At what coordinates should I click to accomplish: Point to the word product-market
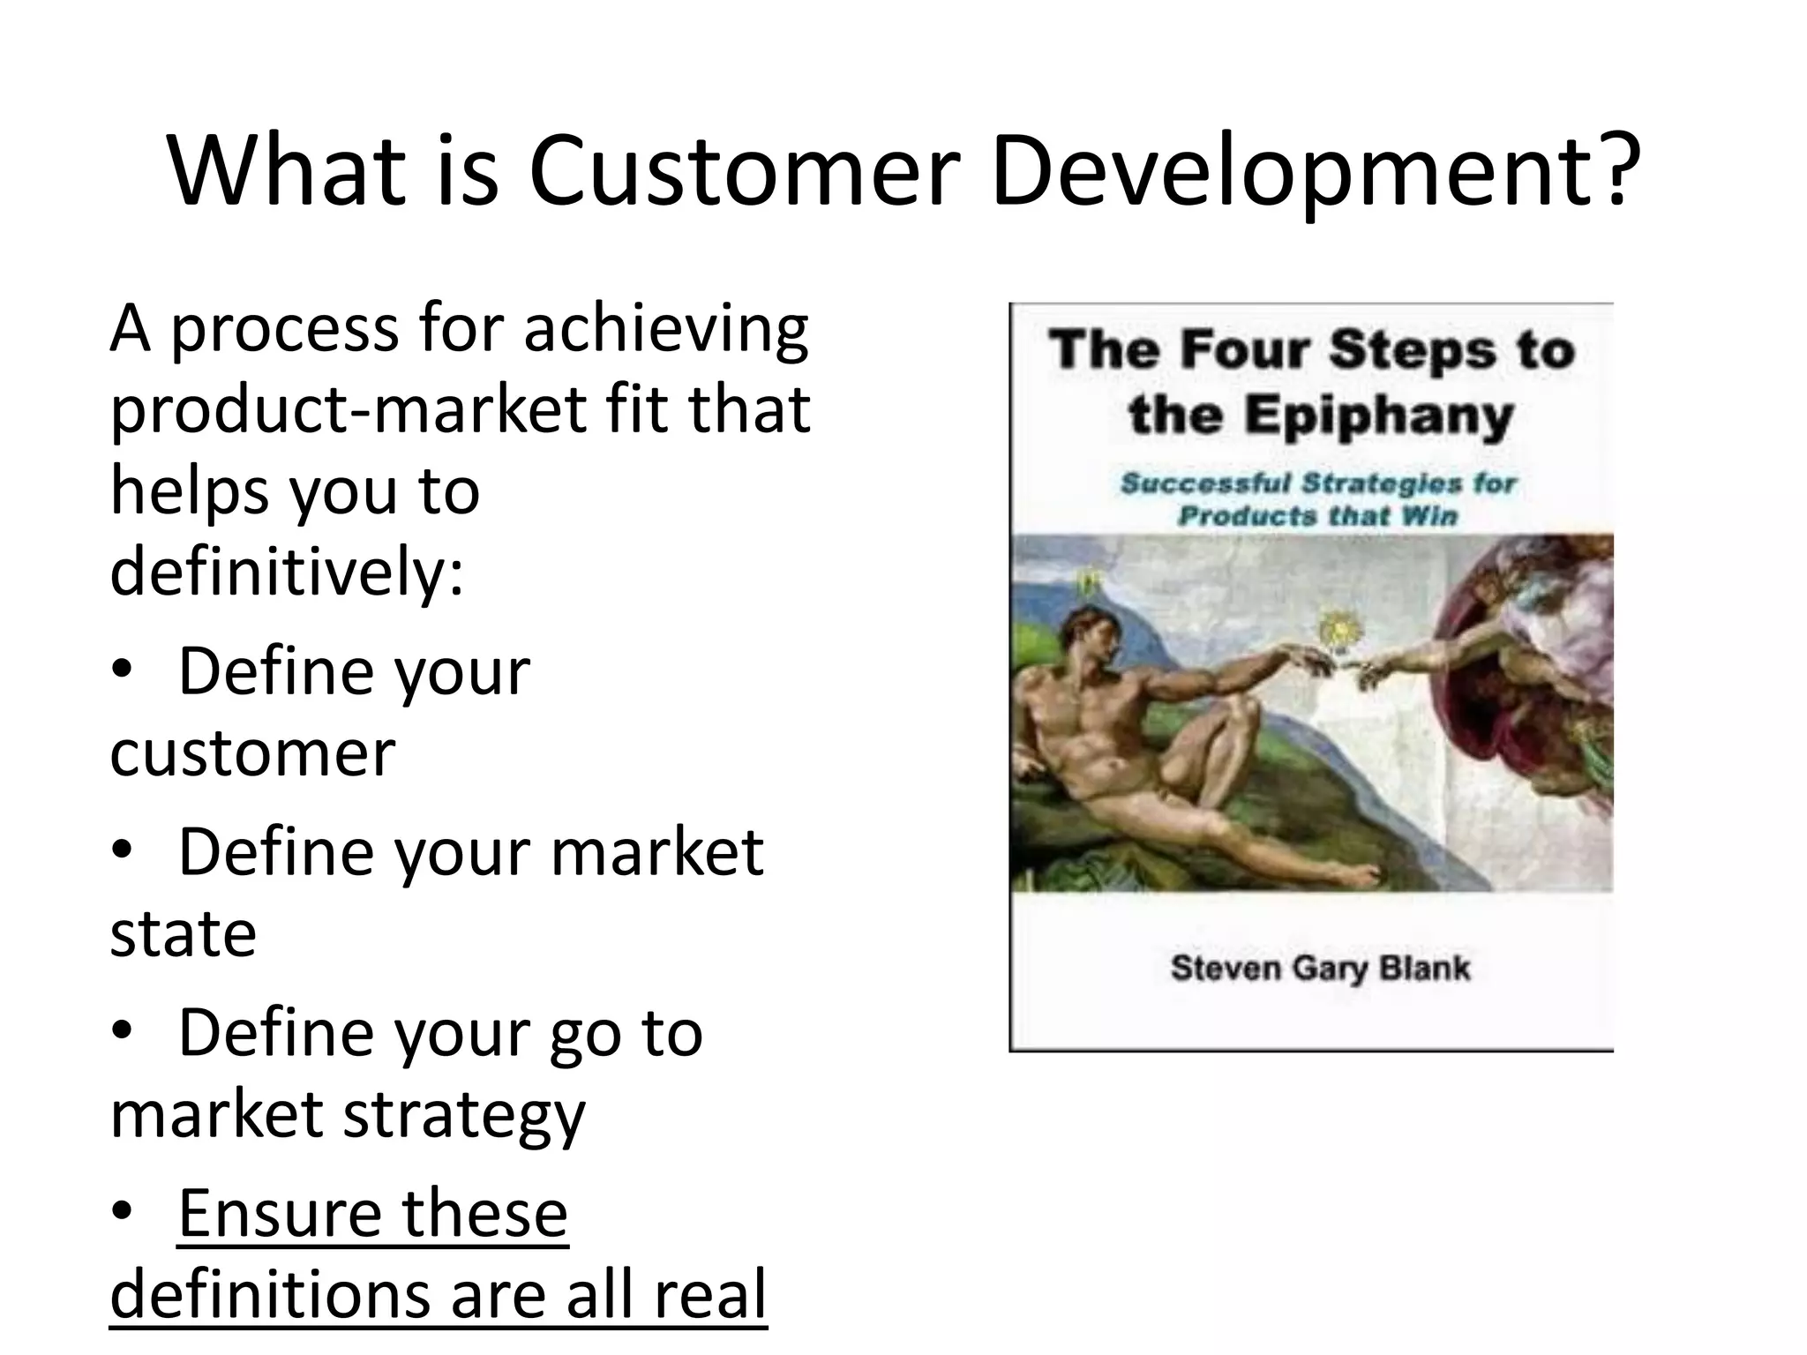coord(349,410)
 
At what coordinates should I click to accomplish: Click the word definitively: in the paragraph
coord(287,571)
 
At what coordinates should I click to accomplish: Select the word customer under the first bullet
coord(252,753)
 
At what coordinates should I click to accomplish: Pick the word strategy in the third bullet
coord(464,1115)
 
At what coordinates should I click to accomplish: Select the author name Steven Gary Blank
coord(1320,969)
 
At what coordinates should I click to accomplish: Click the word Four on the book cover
coord(1246,350)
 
